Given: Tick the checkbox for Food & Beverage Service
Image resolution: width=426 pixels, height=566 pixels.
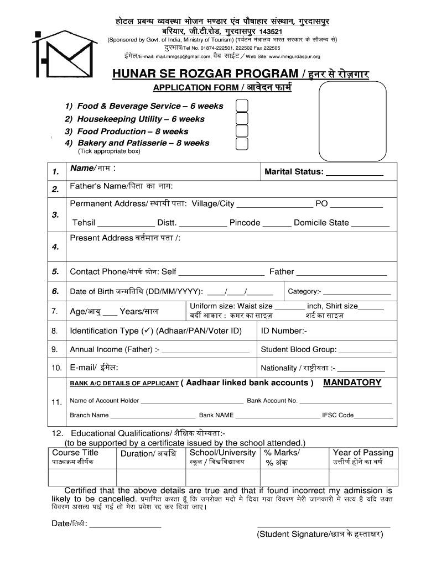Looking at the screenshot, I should click(x=242, y=106).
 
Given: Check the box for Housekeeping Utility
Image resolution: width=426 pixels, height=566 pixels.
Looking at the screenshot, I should click(x=242, y=119).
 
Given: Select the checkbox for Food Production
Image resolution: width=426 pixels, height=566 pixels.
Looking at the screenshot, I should click(x=242, y=132).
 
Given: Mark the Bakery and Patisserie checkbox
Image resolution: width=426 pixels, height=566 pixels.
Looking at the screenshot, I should click(x=242, y=144).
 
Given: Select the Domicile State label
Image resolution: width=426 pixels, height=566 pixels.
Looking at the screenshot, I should click(x=321, y=223).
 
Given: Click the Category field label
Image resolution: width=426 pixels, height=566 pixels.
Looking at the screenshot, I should click(x=304, y=291).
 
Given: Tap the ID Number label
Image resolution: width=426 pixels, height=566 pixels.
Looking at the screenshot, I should click(x=284, y=331).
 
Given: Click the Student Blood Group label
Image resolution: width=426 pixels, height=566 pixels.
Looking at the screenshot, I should click(x=298, y=349).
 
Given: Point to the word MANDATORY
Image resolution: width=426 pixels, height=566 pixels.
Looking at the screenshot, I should click(x=352, y=382).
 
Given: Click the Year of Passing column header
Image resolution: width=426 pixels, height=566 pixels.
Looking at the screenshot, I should click(x=363, y=453).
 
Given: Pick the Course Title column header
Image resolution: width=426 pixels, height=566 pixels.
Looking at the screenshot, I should click(x=75, y=453).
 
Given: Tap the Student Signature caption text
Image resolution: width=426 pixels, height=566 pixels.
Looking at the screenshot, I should click(x=320, y=534).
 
